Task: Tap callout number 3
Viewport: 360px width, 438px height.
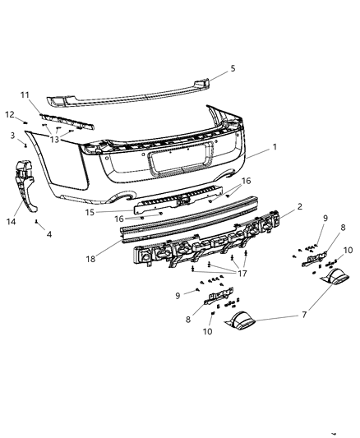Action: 13,135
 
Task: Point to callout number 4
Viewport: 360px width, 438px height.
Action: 48,234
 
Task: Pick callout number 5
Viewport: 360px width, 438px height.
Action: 233,68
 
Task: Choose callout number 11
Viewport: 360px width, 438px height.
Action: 48,95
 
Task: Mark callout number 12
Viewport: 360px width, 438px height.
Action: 10,113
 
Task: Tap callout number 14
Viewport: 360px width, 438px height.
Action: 12,222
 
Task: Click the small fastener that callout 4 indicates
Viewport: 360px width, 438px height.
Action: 36,222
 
